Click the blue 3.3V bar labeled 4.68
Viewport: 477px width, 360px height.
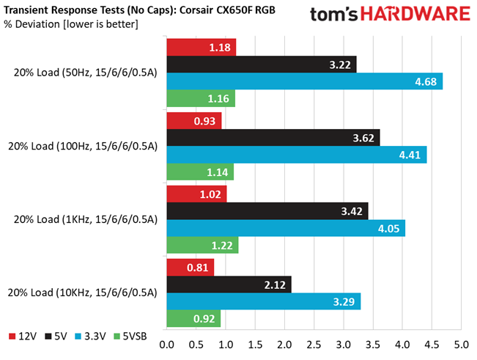coord(305,81)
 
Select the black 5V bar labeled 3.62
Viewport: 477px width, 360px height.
coord(273,137)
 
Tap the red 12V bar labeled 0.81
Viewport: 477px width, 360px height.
coord(191,267)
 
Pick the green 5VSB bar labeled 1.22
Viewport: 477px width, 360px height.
coord(203,246)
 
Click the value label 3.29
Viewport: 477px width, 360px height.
coord(344,301)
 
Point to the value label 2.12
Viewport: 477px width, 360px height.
coord(276,284)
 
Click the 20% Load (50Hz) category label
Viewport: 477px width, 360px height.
coord(86,73)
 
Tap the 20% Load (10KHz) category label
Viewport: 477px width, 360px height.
coord(86,293)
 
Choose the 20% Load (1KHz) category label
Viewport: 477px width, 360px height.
coord(86,219)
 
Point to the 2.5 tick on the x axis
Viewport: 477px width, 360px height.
coord(314,344)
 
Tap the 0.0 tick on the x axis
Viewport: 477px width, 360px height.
coord(167,344)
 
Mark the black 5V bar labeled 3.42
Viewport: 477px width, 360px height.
coord(267,210)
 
